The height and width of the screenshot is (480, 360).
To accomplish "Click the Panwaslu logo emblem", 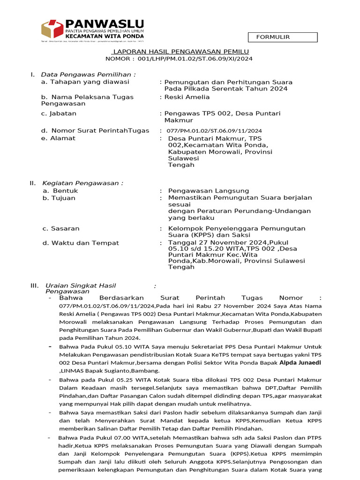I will (x=52, y=29).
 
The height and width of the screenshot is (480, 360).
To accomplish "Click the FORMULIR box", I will (x=283, y=37).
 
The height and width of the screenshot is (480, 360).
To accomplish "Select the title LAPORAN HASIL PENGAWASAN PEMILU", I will (x=180, y=52).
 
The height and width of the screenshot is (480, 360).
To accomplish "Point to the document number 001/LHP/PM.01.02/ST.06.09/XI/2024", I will (x=193, y=59).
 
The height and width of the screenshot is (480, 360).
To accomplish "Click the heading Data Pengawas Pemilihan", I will (x=88, y=75).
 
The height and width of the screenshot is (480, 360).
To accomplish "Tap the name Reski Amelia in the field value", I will (x=187, y=97).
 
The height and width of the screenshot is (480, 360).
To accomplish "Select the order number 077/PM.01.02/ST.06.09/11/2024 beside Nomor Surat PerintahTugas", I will (x=214, y=131).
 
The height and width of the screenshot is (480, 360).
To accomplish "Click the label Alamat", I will (x=63, y=138).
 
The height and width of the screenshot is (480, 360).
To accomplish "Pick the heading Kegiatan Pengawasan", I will (x=83, y=183).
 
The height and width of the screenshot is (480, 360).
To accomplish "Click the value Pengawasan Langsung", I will (x=209, y=191).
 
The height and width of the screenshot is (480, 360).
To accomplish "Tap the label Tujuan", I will (x=64, y=198).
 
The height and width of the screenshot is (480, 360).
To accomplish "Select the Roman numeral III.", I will (x=34, y=285).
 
